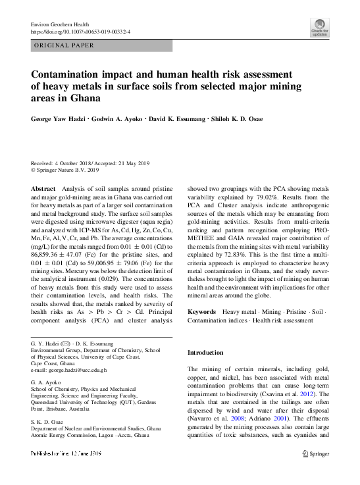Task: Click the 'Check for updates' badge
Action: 319,28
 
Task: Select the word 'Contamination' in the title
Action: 71,74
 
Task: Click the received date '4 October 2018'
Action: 78,163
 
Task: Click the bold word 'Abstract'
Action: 43,189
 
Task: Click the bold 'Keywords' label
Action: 202,311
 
